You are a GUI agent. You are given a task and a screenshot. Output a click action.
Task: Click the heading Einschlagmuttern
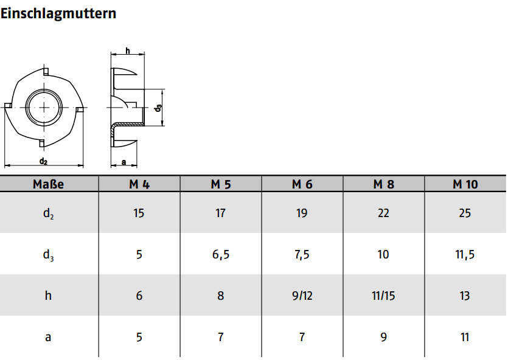coord(58,14)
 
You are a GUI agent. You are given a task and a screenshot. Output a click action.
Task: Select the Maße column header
coord(48,184)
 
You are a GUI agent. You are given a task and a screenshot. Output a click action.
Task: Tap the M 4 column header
coord(139,184)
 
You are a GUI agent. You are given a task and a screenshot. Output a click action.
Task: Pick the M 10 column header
coord(465,184)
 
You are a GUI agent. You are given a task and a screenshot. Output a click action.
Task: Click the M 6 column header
coord(302,184)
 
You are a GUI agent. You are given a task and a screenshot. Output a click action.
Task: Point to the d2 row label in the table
coord(48,213)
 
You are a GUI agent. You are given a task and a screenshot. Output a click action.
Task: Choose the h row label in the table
coord(48,296)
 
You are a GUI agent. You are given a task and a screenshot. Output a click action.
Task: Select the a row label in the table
coord(48,337)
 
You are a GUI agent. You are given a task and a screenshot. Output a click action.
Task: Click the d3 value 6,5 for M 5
coord(221,254)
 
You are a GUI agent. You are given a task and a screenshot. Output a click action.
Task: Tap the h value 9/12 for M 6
coord(302,296)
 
